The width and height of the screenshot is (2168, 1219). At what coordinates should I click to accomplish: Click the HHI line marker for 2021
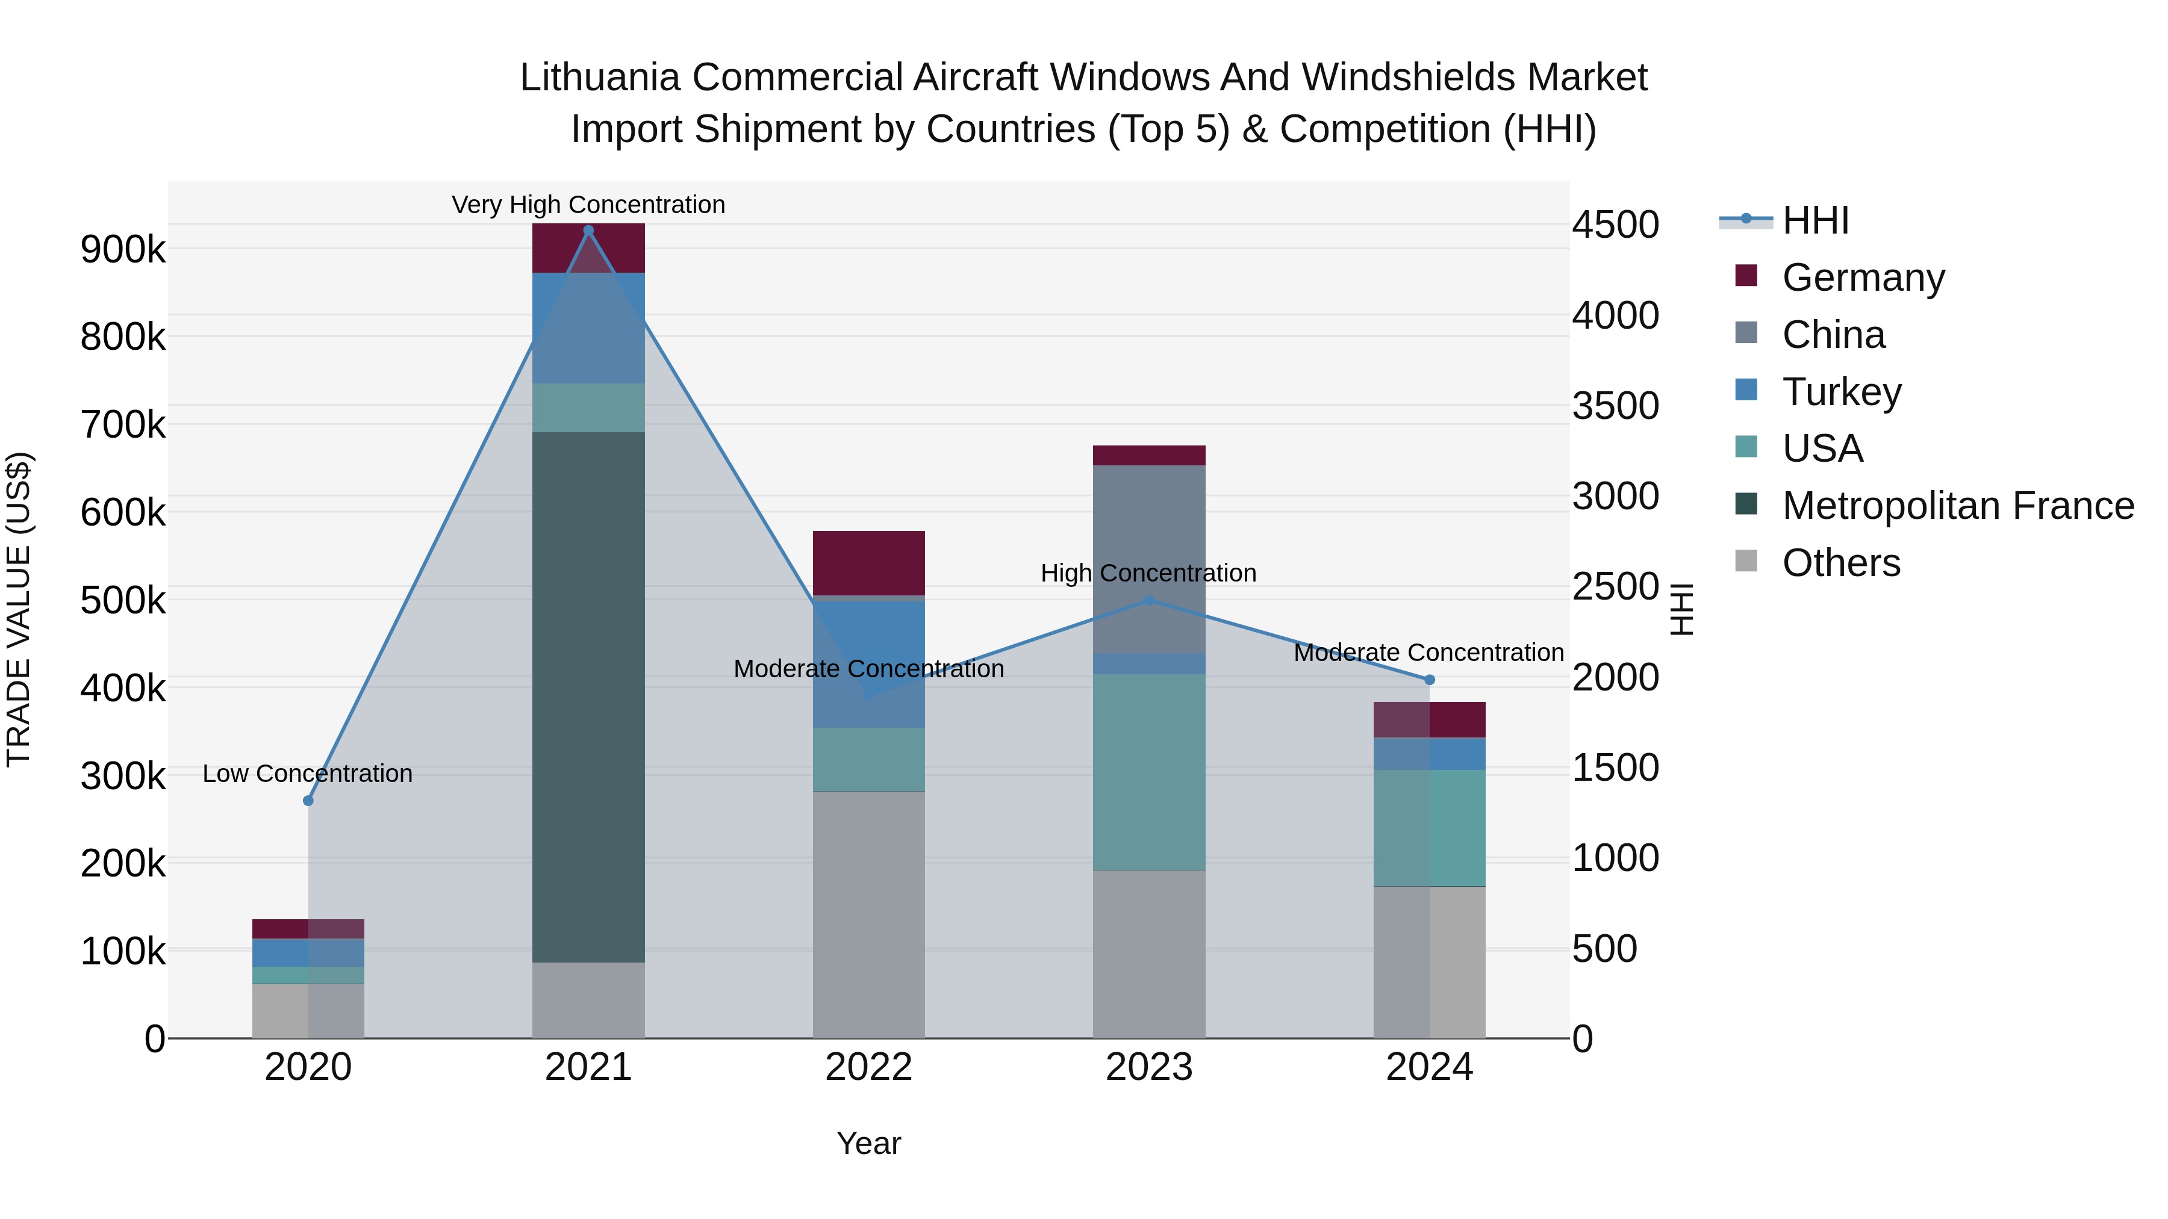click(x=588, y=231)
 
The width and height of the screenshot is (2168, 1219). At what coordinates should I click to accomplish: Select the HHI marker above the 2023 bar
click(x=1150, y=600)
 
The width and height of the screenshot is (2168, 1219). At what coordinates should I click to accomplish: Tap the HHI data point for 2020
click(x=308, y=800)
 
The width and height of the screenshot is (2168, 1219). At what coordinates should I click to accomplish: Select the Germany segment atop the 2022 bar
click(x=868, y=563)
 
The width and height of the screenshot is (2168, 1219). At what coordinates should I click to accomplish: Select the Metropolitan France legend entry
click(x=1958, y=506)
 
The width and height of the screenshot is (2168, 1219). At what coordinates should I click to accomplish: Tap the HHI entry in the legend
click(x=1815, y=220)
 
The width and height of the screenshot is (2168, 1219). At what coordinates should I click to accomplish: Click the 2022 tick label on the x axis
click(x=868, y=1067)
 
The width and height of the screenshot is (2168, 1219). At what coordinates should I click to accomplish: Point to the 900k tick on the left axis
click(x=123, y=249)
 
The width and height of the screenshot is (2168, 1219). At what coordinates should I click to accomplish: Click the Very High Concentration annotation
click(x=588, y=205)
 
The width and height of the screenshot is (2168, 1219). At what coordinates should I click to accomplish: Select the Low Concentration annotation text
click(x=308, y=773)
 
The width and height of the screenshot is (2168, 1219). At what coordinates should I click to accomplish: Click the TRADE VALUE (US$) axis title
click(x=19, y=609)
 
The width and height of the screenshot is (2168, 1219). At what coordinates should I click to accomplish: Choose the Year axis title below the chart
click(x=868, y=1143)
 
